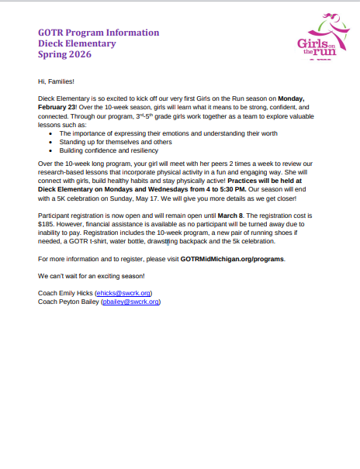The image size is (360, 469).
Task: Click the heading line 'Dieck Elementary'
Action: click(x=77, y=43)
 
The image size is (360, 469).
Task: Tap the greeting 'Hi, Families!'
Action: click(x=56, y=81)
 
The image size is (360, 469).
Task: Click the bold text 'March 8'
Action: click(x=231, y=213)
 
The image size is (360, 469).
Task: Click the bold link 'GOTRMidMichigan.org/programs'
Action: click(x=232, y=259)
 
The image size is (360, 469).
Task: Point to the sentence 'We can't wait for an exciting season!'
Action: click(x=91, y=276)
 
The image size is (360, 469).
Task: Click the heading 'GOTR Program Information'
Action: click(x=99, y=33)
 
